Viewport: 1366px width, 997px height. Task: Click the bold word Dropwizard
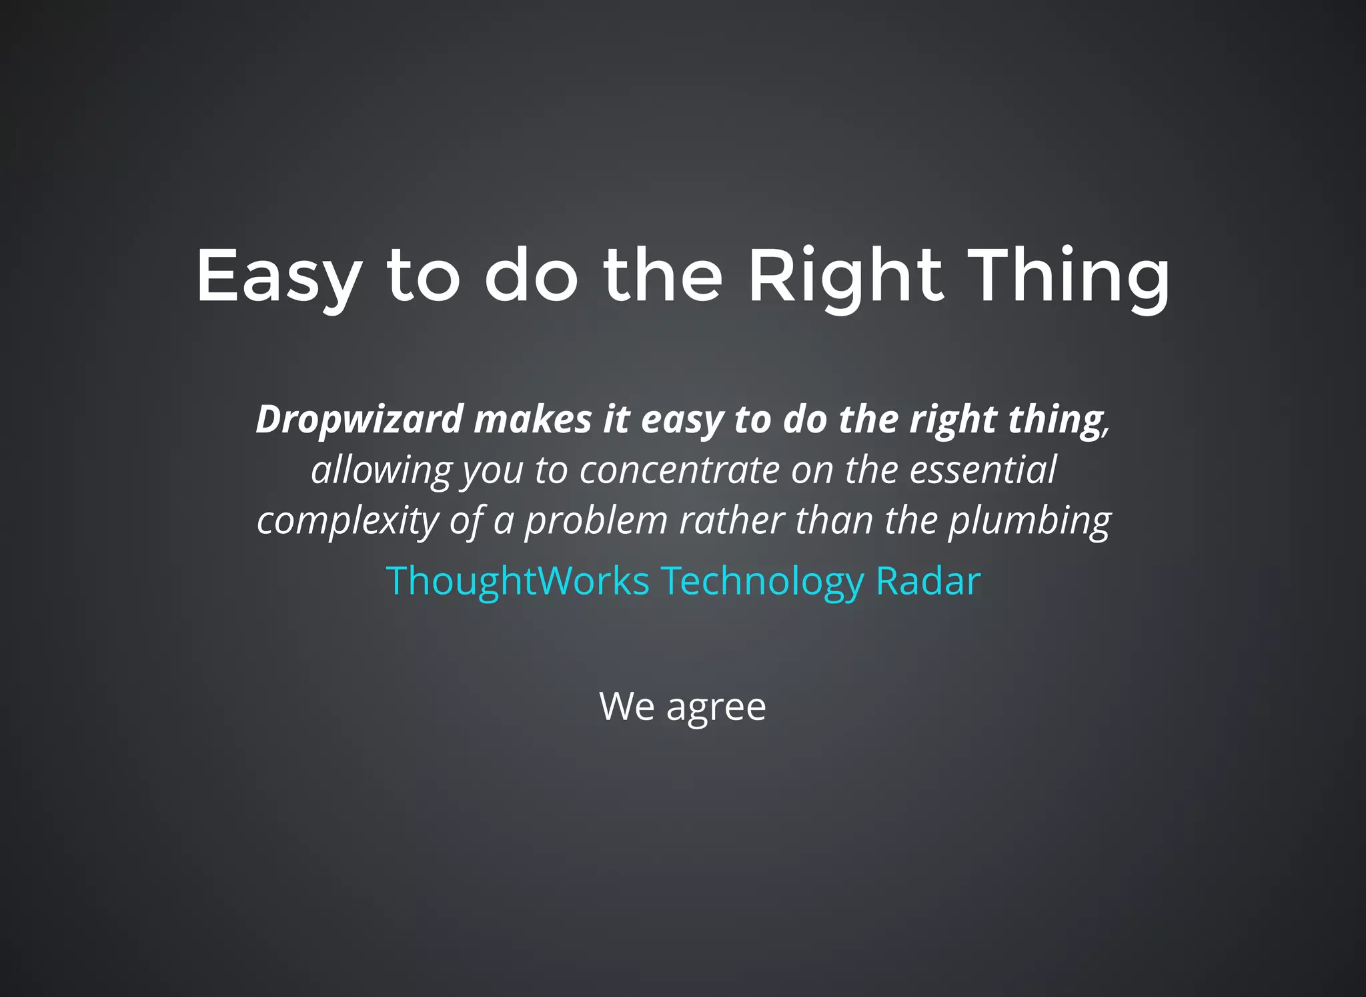(360, 420)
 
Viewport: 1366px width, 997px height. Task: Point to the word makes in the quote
(533, 420)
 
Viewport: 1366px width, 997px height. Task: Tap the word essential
(983, 470)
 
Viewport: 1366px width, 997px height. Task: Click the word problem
(596, 521)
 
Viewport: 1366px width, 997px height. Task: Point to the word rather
(732, 521)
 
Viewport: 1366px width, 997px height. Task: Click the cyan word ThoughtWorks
(518, 581)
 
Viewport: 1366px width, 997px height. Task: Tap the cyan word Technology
(762, 581)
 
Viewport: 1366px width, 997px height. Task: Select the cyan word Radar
(928, 581)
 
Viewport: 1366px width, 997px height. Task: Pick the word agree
(716, 707)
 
